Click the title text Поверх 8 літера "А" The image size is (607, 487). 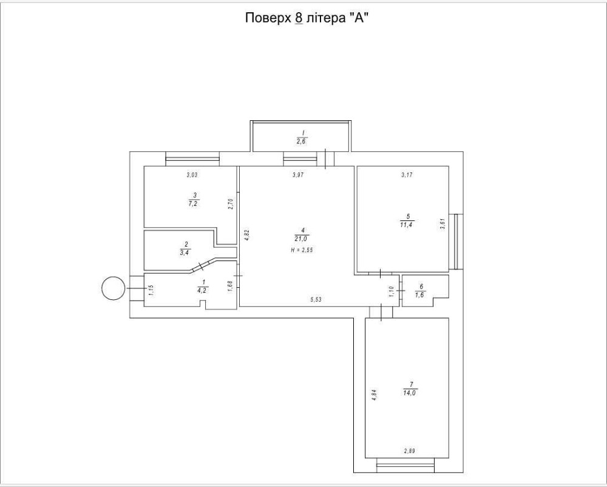[307, 18]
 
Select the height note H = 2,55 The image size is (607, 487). [302, 250]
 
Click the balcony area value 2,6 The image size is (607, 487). [302, 141]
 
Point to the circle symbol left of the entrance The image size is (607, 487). [113, 288]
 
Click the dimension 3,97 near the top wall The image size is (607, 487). [298, 175]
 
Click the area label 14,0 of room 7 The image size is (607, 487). [411, 392]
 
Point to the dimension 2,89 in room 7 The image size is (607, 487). [411, 451]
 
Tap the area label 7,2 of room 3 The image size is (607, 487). [194, 203]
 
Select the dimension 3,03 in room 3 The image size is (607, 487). [192, 175]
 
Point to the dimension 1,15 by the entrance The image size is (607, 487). [151, 290]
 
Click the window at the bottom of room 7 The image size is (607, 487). [405, 465]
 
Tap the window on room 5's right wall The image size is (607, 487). [459, 242]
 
